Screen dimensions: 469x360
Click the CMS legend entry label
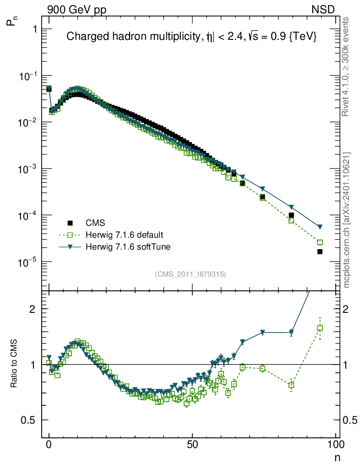tap(96, 223)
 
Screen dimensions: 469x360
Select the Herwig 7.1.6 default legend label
tap(125, 235)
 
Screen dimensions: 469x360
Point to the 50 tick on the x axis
tap(192, 444)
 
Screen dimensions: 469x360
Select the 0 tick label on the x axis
tap(49, 444)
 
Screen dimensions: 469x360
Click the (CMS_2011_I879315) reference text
tap(190, 274)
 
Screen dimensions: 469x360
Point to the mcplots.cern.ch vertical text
tap(347, 220)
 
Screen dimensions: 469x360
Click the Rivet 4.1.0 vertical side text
tap(347, 67)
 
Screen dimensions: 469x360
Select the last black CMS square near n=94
tap(320, 251)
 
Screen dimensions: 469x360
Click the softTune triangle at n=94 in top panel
tap(320, 227)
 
